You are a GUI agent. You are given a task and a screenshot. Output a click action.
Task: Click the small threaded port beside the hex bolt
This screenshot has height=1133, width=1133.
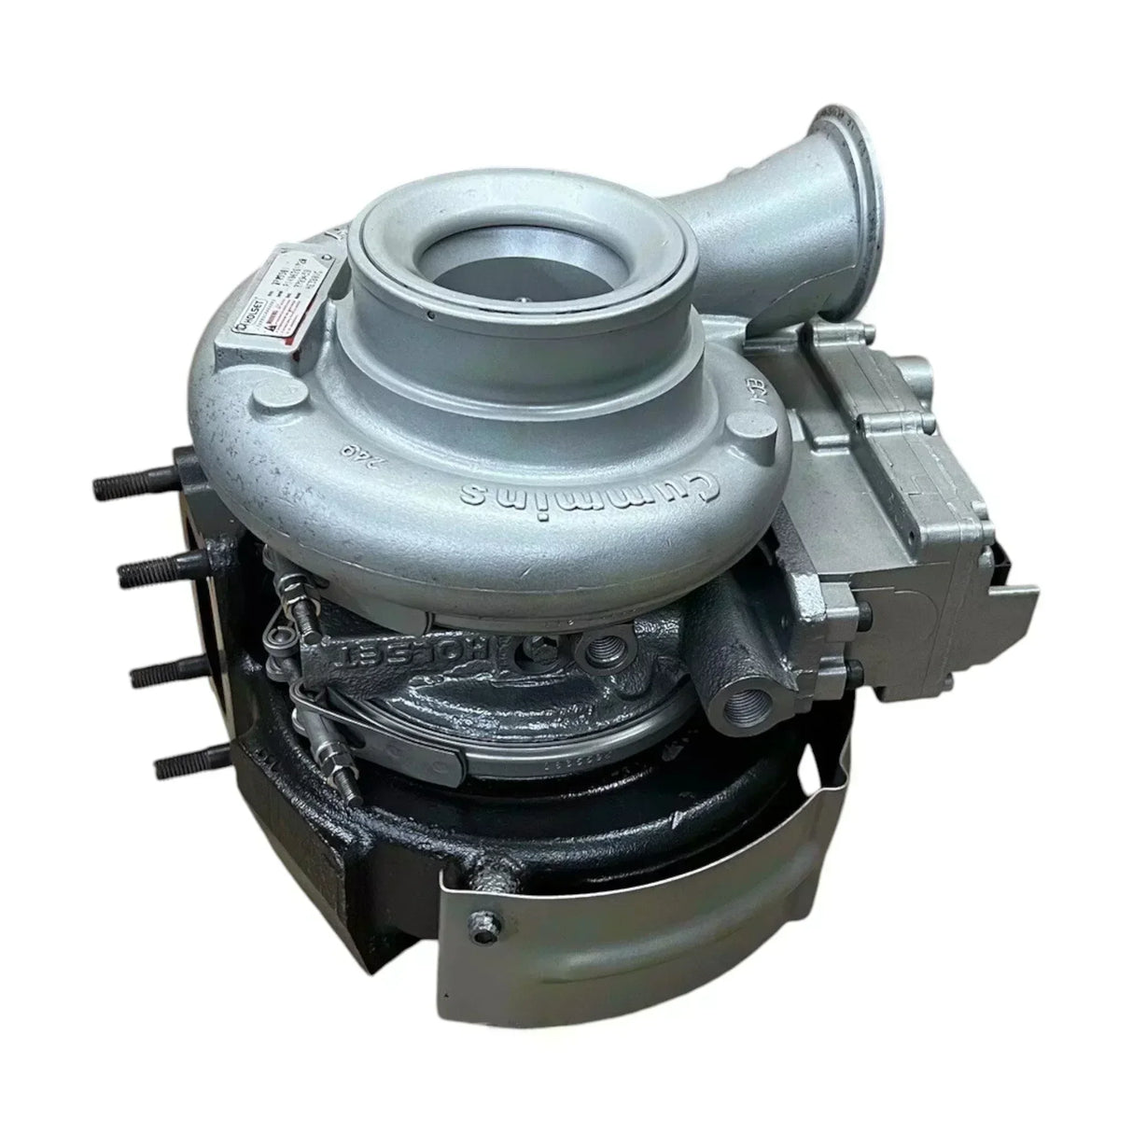pos(598,649)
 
